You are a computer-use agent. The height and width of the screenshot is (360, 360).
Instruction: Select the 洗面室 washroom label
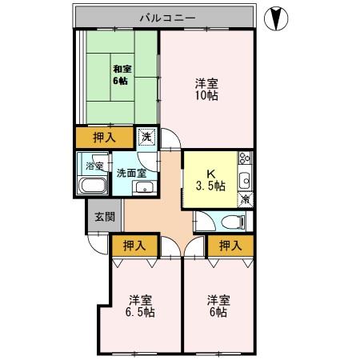(x=130, y=171)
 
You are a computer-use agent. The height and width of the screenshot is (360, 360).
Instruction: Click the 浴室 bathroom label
(x=95, y=166)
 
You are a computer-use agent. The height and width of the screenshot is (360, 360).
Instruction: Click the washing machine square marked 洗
(x=146, y=137)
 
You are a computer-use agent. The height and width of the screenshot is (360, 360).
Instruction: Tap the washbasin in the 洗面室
(x=144, y=189)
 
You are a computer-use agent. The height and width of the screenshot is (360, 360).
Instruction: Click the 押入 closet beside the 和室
(x=105, y=138)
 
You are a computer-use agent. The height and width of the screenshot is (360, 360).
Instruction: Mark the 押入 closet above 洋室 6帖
(x=230, y=245)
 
